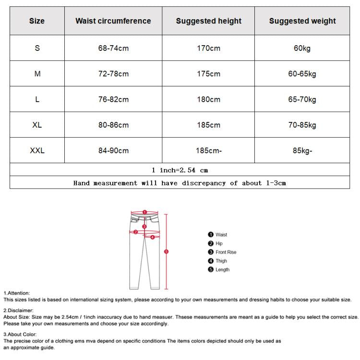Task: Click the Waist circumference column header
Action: tap(113, 21)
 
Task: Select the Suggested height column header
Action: tap(209, 21)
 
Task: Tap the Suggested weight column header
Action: tap(302, 21)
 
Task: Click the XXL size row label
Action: tap(37, 151)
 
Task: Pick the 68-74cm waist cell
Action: tap(113, 48)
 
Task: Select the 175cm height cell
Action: tap(209, 74)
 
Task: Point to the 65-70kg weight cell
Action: tap(302, 99)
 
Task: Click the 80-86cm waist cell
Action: tap(113, 125)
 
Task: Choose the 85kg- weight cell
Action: tap(302, 151)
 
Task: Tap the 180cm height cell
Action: tap(209, 99)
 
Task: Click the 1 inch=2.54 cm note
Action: tap(180, 170)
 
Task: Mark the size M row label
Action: tap(37, 74)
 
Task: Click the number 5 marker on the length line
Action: tap(166, 251)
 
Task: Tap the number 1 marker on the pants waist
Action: tap(144, 212)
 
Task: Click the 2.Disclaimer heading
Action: tap(19, 311)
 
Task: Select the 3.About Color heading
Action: tap(20, 335)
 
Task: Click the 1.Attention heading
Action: tap(17, 293)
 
